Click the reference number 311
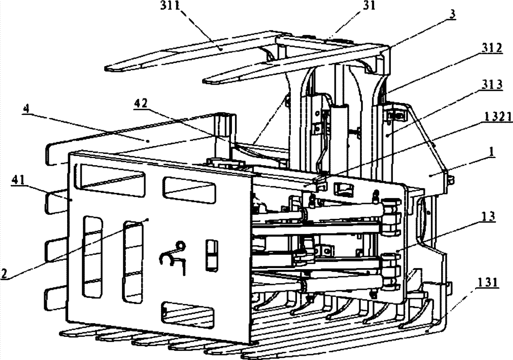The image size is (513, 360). pyautogui.click(x=170, y=6)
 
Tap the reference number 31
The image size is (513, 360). pyautogui.click(x=369, y=6)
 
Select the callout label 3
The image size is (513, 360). pyautogui.click(x=452, y=14)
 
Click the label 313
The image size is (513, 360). pyautogui.click(x=492, y=85)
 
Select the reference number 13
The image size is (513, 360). pyautogui.click(x=488, y=216)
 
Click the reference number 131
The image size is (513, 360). pyautogui.click(x=488, y=282)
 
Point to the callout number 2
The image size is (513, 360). pyautogui.click(x=4, y=273)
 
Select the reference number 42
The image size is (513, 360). pyautogui.click(x=141, y=103)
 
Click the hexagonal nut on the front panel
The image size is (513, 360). pyautogui.click(x=180, y=245)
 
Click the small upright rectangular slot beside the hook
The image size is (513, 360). pyautogui.click(x=212, y=255)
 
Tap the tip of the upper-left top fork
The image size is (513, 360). pyautogui.click(x=106, y=69)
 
